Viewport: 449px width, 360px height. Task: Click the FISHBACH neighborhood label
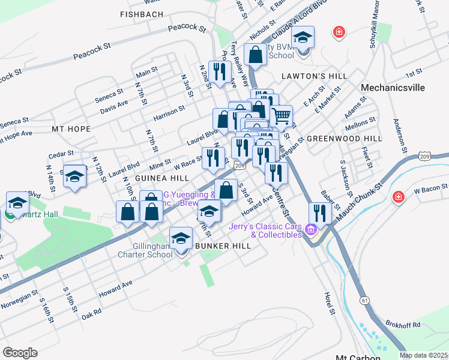(x=142, y=14)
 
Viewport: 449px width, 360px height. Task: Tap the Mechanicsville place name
(x=393, y=88)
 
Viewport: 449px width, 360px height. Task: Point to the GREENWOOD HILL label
(x=344, y=138)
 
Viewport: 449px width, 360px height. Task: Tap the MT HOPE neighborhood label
(x=71, y=129)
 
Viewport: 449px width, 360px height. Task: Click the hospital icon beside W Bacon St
(x=397, y=197)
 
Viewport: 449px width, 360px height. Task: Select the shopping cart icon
(x=281, y=115)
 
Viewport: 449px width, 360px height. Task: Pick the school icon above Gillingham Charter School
(x=181, y=239)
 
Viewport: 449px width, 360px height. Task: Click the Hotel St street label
(x=330, y=304)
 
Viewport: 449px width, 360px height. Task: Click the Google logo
(x=20, y=352)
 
